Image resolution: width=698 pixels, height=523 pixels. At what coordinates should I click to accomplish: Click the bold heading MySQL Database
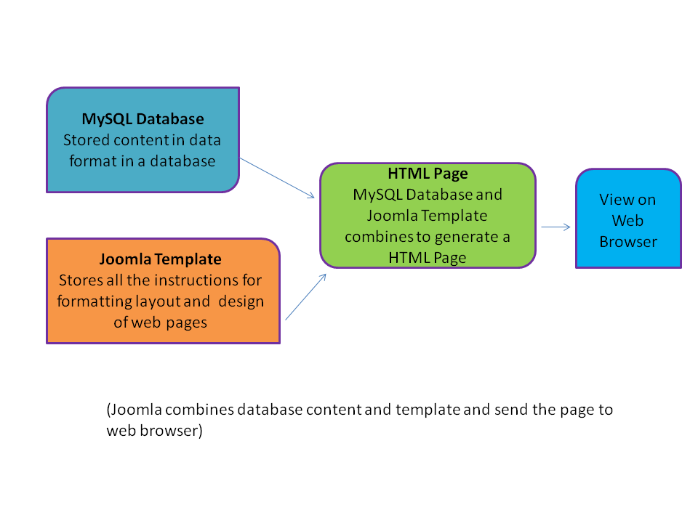pyautogui.click(x=143, y=118)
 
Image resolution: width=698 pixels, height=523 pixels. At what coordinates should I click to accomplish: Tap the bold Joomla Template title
pyautogui.click(x=161, y=259)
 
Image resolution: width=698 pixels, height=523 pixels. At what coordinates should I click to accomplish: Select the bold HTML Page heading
pyautogui.click(x=428, y=174)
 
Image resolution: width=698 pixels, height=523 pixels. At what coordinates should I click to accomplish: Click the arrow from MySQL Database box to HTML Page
pyautogui.click(x=277, y=178)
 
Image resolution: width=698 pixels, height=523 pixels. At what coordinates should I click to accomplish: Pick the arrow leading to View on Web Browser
pyautogui.click(x=555, y=227)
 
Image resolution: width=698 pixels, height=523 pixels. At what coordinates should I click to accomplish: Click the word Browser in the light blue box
pyautogui.click(x=628, y=242)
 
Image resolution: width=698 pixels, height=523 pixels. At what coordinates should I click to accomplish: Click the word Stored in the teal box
pyautogui.click(x=87, y=140)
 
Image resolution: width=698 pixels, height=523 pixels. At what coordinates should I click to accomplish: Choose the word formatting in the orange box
pyautogui.click(x=89, y=301)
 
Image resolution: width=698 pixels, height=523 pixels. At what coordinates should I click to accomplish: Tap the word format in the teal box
pyautogui.click(x=93, y=161)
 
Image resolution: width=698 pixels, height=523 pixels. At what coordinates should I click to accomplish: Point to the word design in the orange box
pyautogui.click(x=243, y=301)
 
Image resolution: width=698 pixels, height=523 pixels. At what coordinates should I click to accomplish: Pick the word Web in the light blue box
pyautogui.click(x=628, y=220)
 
